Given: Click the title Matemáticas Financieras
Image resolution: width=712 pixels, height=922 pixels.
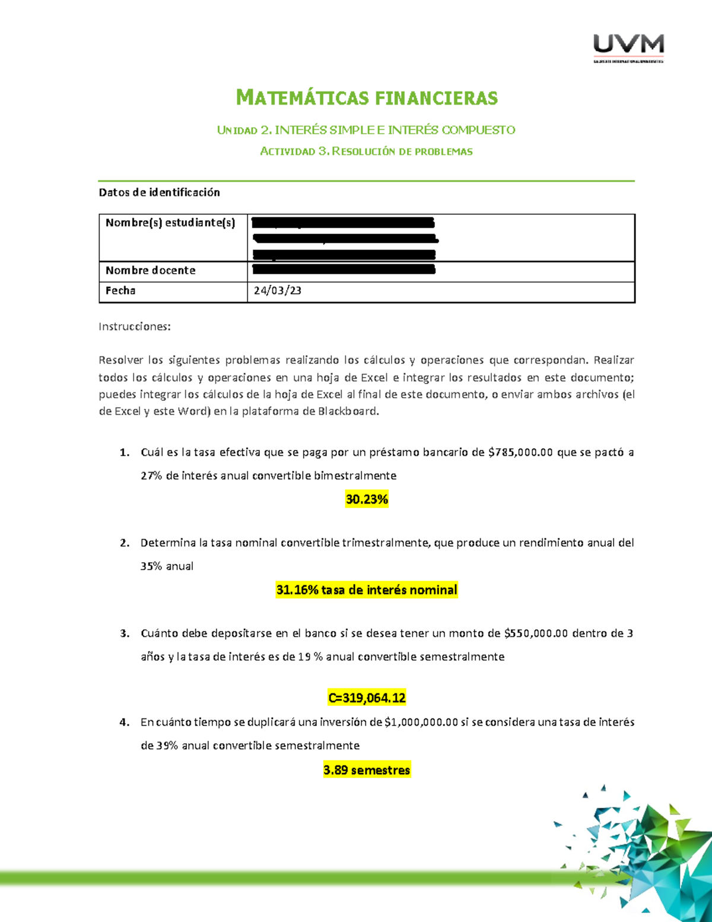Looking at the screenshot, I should (367, 97).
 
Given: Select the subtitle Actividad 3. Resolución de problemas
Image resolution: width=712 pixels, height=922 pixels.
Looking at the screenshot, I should (366, 151).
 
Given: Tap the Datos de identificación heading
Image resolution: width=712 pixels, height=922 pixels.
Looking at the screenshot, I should (159, 192).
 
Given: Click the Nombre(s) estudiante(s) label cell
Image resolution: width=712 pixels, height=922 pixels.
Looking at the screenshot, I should (170, 223).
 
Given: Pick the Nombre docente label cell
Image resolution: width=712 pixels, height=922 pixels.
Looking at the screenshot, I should (151, 271).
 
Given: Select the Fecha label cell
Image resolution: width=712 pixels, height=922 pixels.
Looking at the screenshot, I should (120, 291).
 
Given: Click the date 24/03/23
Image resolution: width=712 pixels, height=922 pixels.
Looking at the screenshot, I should (277, 291).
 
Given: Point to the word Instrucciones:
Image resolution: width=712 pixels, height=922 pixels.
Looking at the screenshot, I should (135, 327).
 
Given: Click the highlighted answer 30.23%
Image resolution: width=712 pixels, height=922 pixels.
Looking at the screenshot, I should (367, 499).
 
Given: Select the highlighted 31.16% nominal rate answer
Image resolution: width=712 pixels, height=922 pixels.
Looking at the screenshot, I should (367, 590).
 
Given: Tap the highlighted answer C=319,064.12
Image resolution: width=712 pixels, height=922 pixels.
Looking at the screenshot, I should (367, 698).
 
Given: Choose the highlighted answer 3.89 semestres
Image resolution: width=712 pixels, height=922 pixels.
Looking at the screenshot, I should (367, 771).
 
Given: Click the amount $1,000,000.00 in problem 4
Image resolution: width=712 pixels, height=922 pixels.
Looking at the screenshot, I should (421, 723).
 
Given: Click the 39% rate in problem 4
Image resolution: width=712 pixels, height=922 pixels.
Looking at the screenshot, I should (167, 746).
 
